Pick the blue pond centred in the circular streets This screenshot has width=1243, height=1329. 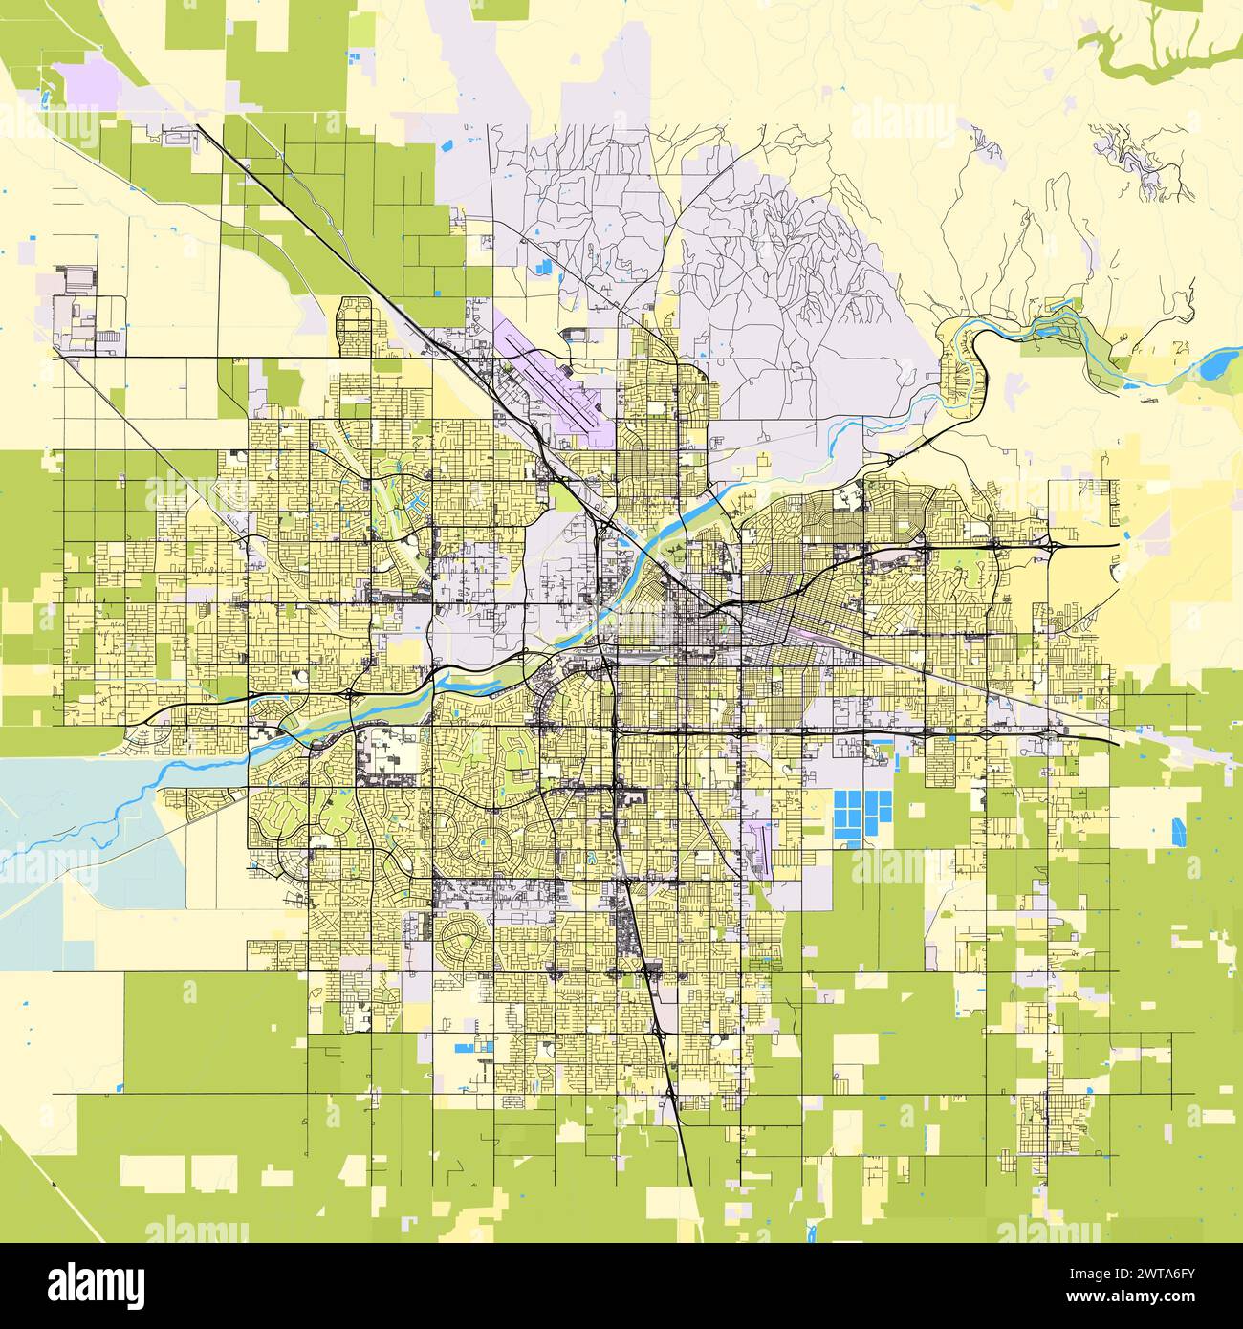coord(484,842)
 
